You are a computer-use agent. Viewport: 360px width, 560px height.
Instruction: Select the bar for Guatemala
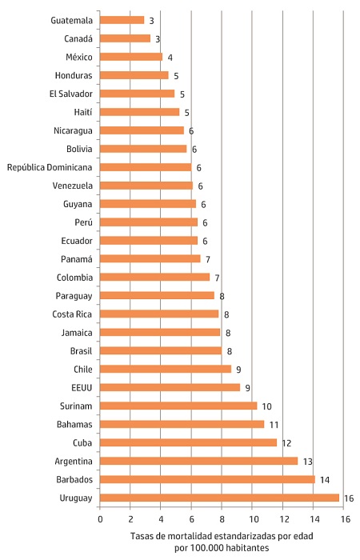pyautogui.click(x=122, y=20)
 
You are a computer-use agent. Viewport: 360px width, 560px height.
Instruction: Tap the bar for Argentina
pyautogui.click(x=198, y=461)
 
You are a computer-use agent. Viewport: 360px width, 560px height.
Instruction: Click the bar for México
pyautogui.click(x=131, y=57)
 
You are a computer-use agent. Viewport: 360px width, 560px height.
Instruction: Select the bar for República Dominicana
pyautogui.click(x=146, y=167)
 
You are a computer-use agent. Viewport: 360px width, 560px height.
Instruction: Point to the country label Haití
pyautogui.click(x=80, y=112)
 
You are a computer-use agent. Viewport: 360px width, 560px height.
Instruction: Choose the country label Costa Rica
pyautogui.click(x=73, y=314)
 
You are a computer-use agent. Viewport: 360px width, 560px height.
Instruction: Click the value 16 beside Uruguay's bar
pyautogui.click(x=348, y=498)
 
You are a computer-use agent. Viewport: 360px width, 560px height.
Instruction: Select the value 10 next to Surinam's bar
pyautogui.click(x=268, y=406)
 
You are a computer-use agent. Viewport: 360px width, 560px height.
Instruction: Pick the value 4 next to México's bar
pyautogui.click(x=170, y=58)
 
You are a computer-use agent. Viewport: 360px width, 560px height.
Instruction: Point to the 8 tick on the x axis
pyautogui.click(x=222, y=518)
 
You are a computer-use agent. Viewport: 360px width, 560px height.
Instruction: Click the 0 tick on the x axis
pyautogui.click(x=100, y=518)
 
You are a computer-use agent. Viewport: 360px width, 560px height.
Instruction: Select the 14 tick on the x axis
pyautogui.click(x=314, y=518)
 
